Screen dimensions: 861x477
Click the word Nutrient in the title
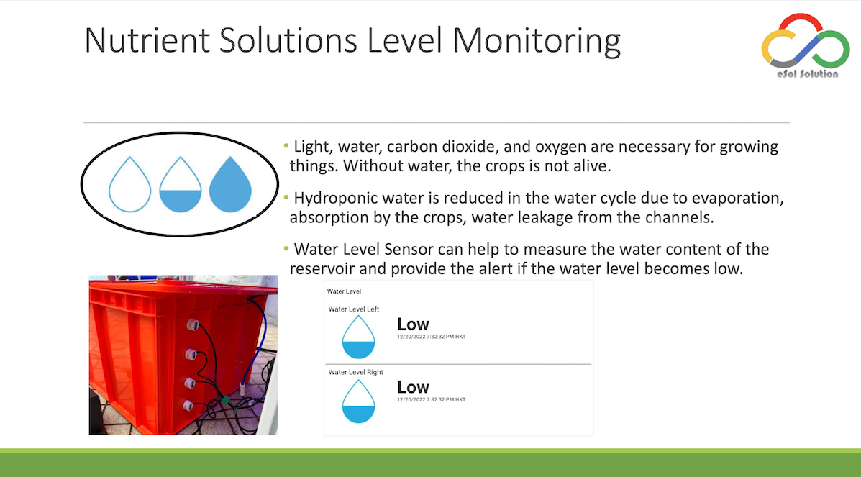[x=147, y=40]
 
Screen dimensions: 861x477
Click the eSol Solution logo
[x=806, y=46]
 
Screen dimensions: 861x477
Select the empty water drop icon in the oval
[x=129, y=184]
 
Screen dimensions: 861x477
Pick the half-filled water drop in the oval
[x=180, y=184]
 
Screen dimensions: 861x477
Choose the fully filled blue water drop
[x=231, y=184]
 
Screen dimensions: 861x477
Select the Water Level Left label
[x=354, y=309]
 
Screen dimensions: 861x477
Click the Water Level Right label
[x=356, y=372]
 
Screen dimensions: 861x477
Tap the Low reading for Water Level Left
[x=413, y=324]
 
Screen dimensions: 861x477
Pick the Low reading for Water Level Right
[x=413, y=387]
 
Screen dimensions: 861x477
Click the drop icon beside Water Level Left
[x=358, y=337]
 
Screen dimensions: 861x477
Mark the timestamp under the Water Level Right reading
[x=431, y=399]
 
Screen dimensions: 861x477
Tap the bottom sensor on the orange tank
[x=188, y=406]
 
